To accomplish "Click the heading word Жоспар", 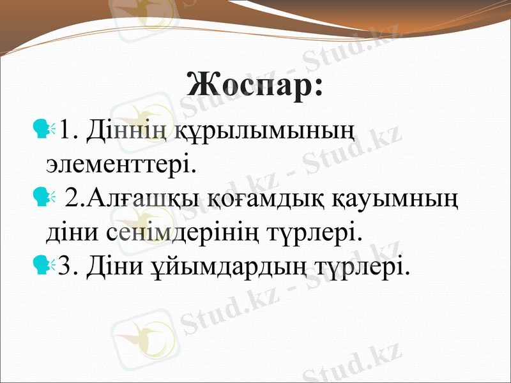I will pos(255,85).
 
